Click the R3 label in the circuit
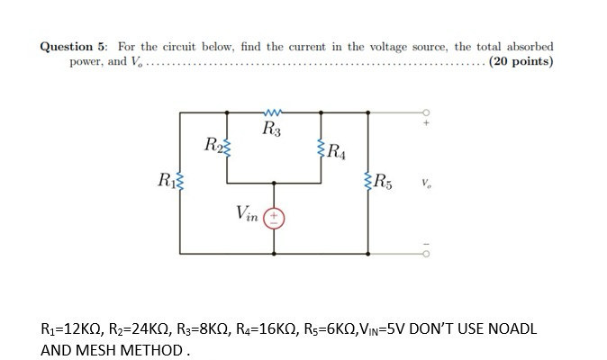pos(272,130)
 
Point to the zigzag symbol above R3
pos(272,112)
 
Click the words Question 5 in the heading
pos(73,46)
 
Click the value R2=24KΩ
pos(147,328)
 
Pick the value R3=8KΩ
pos(215,328)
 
